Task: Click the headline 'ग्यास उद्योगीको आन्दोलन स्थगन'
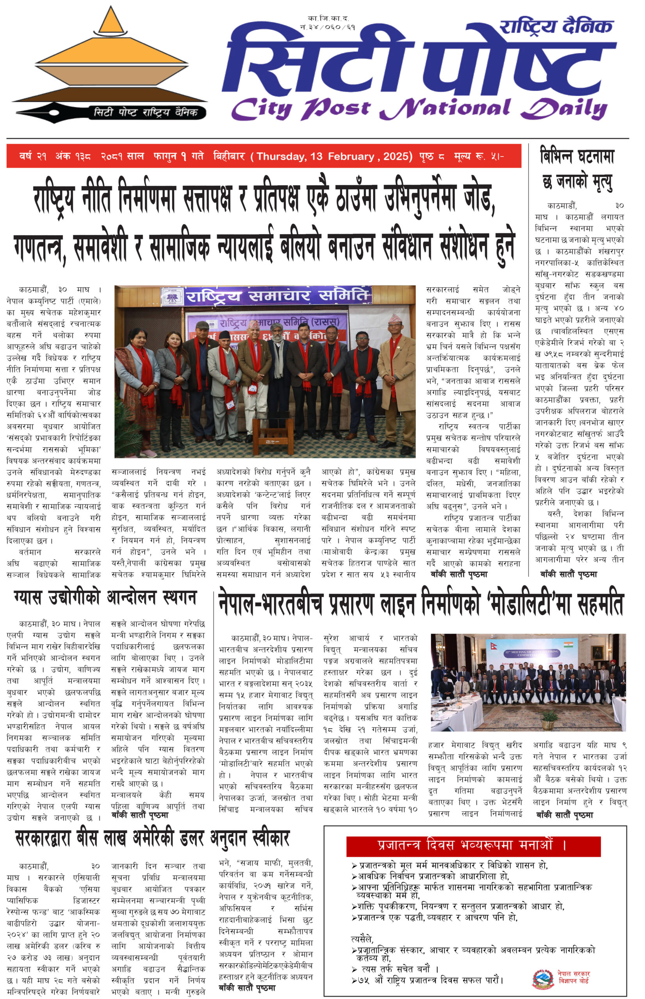tap(105, 597)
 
